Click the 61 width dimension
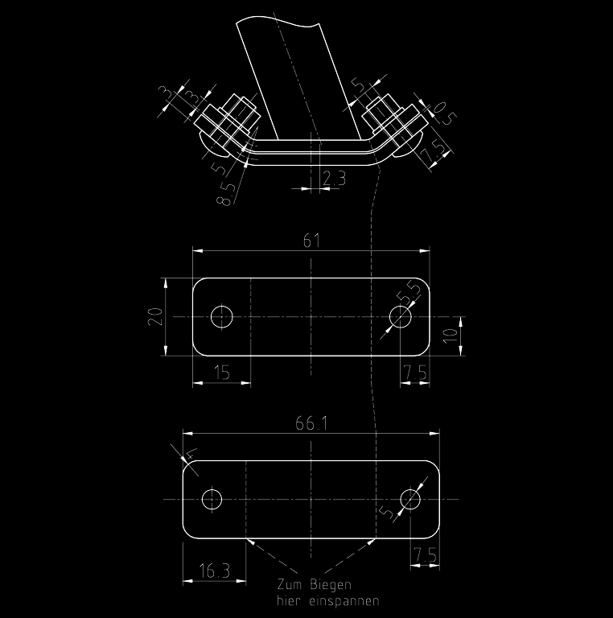311,241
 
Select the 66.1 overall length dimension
311,424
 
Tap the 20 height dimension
155,316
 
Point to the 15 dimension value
222,373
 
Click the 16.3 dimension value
214,571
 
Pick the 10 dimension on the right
451,336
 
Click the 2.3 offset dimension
334,178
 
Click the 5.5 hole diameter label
409,292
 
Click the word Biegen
330,584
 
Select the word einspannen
344,601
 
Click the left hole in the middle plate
222,316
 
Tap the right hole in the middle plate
401,316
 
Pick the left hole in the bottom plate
212,499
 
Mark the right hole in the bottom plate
410,499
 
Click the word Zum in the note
290,584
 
